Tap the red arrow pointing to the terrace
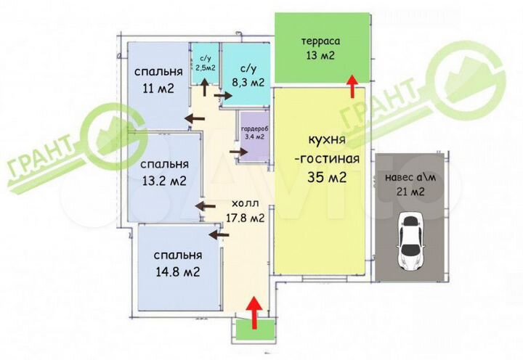pos(352,86)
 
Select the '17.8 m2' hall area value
pos(244,217)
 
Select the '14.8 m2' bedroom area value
pos(177,271)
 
